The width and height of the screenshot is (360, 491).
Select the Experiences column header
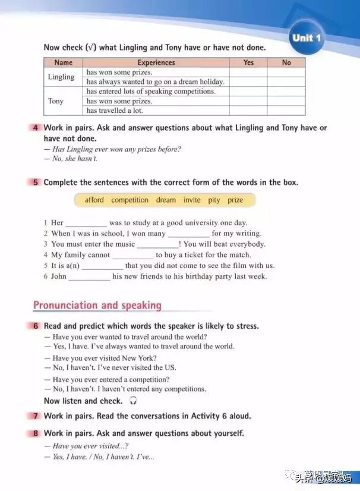(x=156, y=62)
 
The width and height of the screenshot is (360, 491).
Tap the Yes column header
(x=248, y=62)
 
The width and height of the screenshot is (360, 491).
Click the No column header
(x=286, y=62)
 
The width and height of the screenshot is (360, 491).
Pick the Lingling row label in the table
(x=61, y=77)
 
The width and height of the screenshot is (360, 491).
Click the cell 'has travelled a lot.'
(x=115, y=111)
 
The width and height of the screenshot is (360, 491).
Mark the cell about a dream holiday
(x=155, y=81)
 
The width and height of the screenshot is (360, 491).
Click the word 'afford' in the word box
(x=94, y=200)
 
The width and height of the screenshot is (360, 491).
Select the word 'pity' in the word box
(x=214, y=200)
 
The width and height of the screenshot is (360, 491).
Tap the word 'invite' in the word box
(x=192, y=200)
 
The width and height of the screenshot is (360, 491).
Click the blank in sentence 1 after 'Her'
(x=86, y=224)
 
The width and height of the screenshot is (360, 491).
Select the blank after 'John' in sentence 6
(x=89, y=277)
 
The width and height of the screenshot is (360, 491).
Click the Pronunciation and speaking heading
(x=97, y=306)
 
